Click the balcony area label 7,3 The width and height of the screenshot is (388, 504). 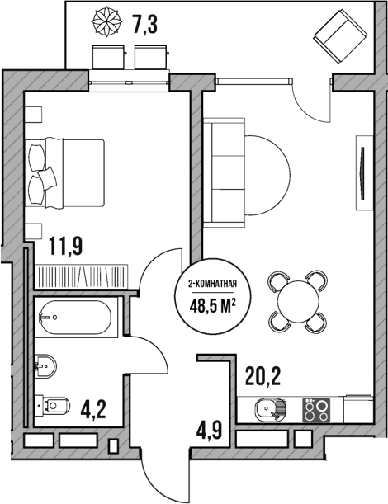point(144,25)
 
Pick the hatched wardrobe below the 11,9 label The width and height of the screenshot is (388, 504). point(80,275)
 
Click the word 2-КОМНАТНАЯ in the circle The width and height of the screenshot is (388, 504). point(213,285)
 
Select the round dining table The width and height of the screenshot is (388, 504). point(296,301)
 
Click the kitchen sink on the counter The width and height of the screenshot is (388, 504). point(270,407)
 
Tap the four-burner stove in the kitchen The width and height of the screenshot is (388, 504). point(315,408)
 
